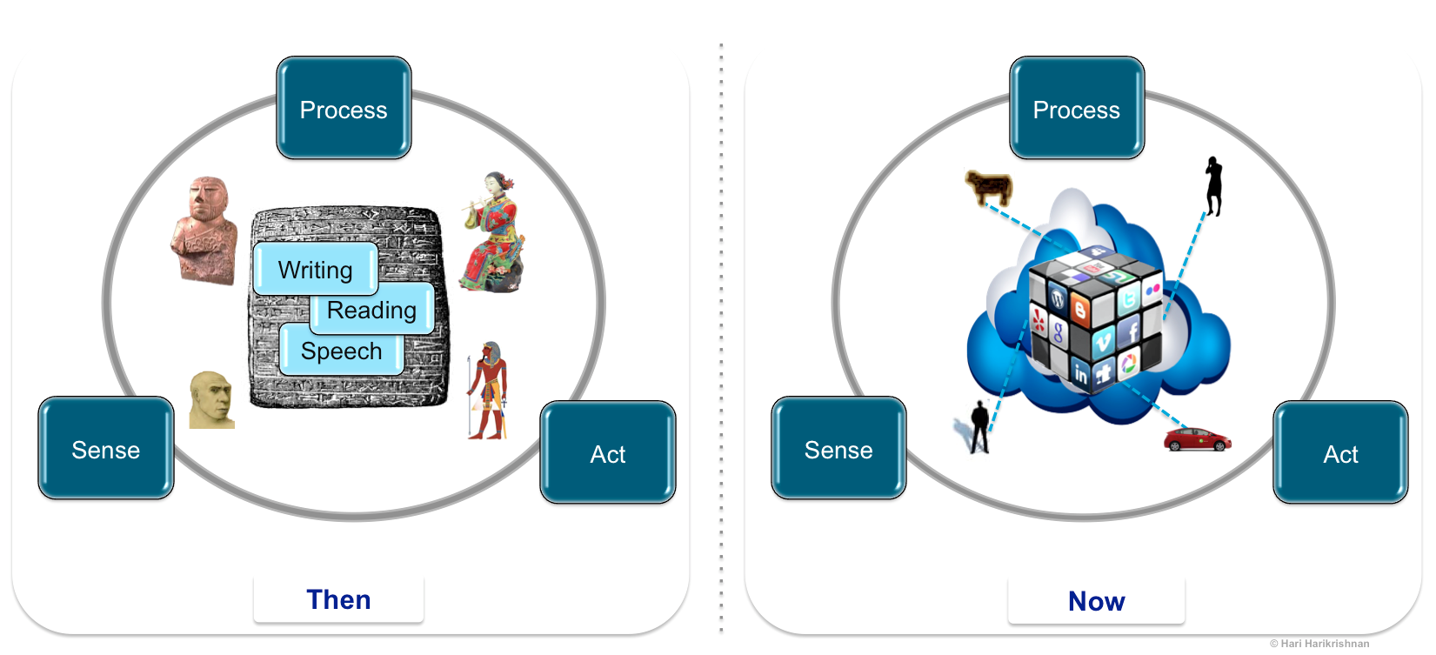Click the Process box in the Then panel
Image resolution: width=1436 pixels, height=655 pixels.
pyautogui.click(x=344, y=109)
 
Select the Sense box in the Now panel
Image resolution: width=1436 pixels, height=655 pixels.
pyautogui.click(x=838, y=449)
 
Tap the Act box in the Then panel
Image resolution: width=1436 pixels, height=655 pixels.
pyautogui.click(x=608, y=452)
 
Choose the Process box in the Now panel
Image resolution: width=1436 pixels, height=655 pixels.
pyautogui.click(x=1077, y=109)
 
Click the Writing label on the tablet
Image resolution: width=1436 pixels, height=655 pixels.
pyautogui.click(x=315, y=270)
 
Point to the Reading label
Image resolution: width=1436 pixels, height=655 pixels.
pyautogui.click(x=372, y=310)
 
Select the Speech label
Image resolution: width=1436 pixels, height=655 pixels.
pyautogui.click(x=341, y=351)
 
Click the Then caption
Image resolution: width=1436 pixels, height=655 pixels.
pyautogui.click(x=338, y=599)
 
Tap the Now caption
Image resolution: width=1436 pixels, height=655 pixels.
pyautogui.click(x=1096, y=600)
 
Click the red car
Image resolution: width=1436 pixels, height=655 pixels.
pyautogui.click(x=1197, y=439)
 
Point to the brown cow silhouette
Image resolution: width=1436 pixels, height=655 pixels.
pyautogui.click(x=989, y=187)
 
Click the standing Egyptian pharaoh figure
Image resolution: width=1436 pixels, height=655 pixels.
pyautogui.click(x=489, y=391)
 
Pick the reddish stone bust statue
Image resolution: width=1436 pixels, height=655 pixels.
pyautogui.click(x=205, y=231)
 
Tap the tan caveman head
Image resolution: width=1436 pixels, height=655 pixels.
pyautogui.click(x=211, y=400)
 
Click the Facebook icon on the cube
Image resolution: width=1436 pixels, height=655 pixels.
pyautogui.click(x=1132, y=331)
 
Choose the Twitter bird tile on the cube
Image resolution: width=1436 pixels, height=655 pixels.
pyautogui.click(x=1128, y=300)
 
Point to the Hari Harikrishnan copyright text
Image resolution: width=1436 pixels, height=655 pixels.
pyautogui.click(x=1319, y=644)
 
